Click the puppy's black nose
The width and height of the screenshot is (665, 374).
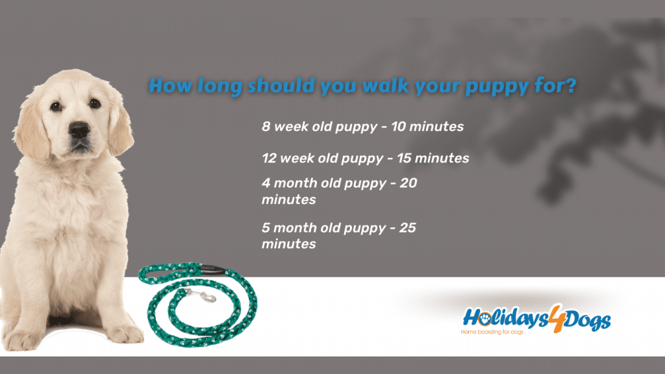79,129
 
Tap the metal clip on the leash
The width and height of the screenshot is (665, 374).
200,293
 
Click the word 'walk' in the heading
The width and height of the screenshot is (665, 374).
386,86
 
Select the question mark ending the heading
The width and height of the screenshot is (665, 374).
571,85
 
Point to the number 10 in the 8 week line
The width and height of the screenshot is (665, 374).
398,127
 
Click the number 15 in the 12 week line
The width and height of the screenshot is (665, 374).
404,158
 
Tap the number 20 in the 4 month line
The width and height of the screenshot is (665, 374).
408,182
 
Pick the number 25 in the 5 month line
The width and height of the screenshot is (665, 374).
408,227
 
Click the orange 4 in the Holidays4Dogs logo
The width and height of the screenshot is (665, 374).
557,318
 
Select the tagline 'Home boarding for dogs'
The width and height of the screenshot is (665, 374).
492,332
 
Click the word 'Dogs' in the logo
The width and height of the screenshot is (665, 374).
587,321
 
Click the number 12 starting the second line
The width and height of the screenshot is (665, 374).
269,158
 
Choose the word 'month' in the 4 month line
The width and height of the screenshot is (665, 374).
294,182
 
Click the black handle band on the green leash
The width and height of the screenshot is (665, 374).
212,268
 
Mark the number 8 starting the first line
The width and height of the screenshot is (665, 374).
266,127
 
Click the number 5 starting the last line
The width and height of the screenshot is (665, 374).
266,227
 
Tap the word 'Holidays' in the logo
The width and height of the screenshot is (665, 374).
505,318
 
